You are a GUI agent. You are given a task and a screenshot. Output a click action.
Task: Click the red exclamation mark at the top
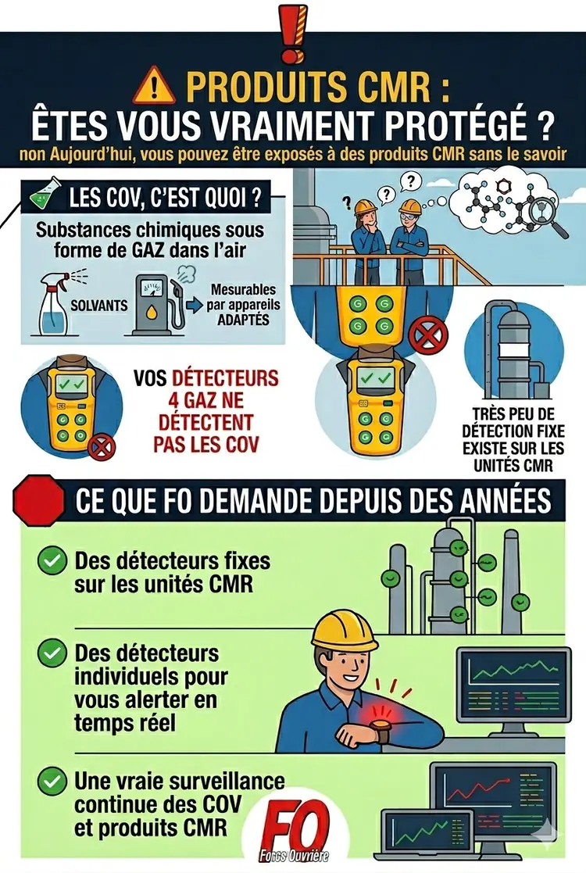pyautogui.click(x=292, y=32)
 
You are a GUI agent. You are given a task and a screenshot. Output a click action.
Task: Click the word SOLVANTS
pyautogui.click(x=99, y=306)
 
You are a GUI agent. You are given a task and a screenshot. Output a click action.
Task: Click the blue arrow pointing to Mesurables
pyautogui.click(x=195, y=306)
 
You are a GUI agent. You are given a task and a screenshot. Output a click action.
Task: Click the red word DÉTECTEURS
pyautogui.click(x=225, y=378)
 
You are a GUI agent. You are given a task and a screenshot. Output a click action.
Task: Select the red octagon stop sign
pyautogui.click(x=38, y=499)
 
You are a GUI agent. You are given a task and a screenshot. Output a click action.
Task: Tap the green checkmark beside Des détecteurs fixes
pyautogui.click(x=52, y=561)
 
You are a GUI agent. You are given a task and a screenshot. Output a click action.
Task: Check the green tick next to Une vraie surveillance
pyautogui.click(x=52, y=781)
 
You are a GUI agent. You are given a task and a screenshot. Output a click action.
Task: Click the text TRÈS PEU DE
pyautogui.click(x=513, y=414)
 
